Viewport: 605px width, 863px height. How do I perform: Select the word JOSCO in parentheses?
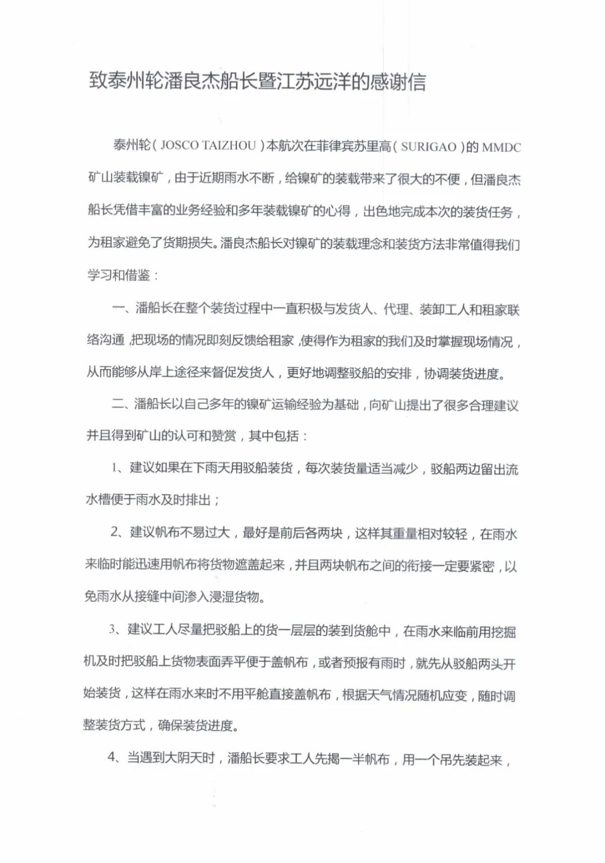click(180, 146)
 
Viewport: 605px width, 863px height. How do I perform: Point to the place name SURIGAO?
click(429, 147)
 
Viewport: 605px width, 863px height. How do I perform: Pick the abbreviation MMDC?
click(501, 148)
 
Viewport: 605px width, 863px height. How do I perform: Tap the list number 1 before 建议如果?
click(114, 468)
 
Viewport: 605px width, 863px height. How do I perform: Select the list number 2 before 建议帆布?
click(114, 531)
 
